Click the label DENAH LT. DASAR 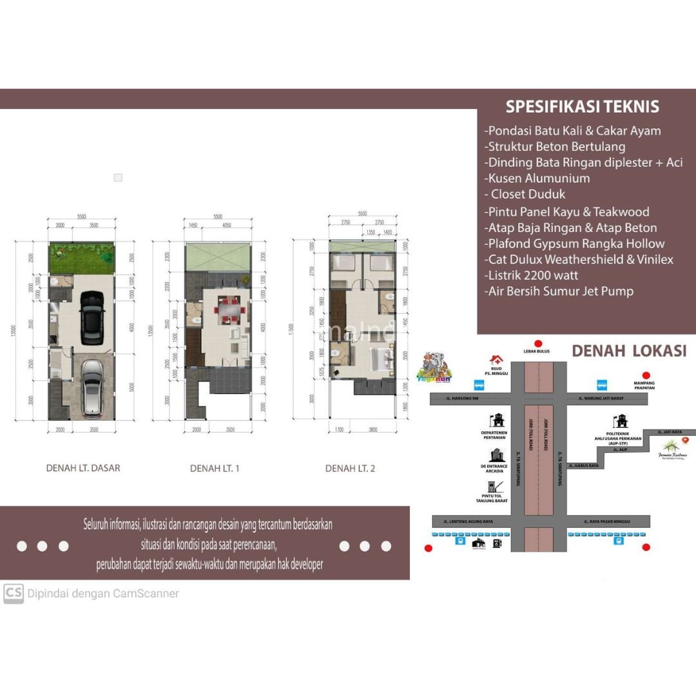[x=83, y=468]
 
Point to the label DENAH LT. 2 [x=350, y=469]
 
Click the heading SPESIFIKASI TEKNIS [x=582, y=106]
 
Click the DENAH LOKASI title [x=629, y=351]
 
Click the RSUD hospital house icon [x=496, y=360]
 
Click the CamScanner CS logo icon [x=13, y=594]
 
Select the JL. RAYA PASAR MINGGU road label [x=606, y=521]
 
